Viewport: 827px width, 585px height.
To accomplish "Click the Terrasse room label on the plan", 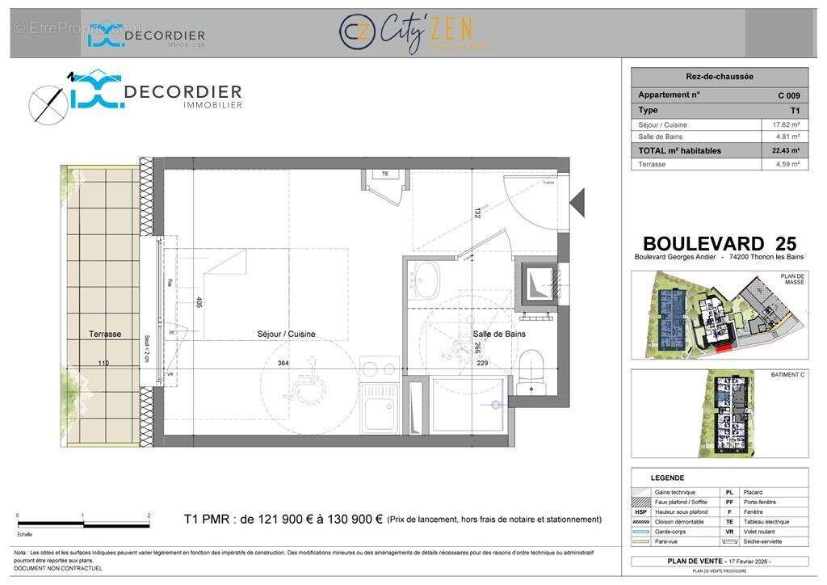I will point(105,334).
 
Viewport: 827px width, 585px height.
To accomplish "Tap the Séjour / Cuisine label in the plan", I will point(286,334).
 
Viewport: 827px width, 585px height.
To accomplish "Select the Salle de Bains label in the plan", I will point(499,334).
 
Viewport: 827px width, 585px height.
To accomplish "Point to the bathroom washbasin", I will point(424,279).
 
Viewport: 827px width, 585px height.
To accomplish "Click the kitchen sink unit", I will point(379,408).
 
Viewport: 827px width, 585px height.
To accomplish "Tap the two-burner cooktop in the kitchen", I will point(379,368).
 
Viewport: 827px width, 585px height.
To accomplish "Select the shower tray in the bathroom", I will point(468,404).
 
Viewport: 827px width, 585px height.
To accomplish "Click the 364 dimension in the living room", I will point(283,364).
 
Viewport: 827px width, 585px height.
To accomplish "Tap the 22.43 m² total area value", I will point(785,150).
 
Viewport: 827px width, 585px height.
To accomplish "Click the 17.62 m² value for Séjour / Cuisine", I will point(785,124).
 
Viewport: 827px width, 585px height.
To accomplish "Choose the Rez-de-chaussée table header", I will point(719,77).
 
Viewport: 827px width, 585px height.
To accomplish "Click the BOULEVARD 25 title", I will point(719,243).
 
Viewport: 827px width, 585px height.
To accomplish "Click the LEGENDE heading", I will point(667,478).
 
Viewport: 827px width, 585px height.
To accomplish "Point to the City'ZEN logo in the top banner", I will point(412,33).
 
